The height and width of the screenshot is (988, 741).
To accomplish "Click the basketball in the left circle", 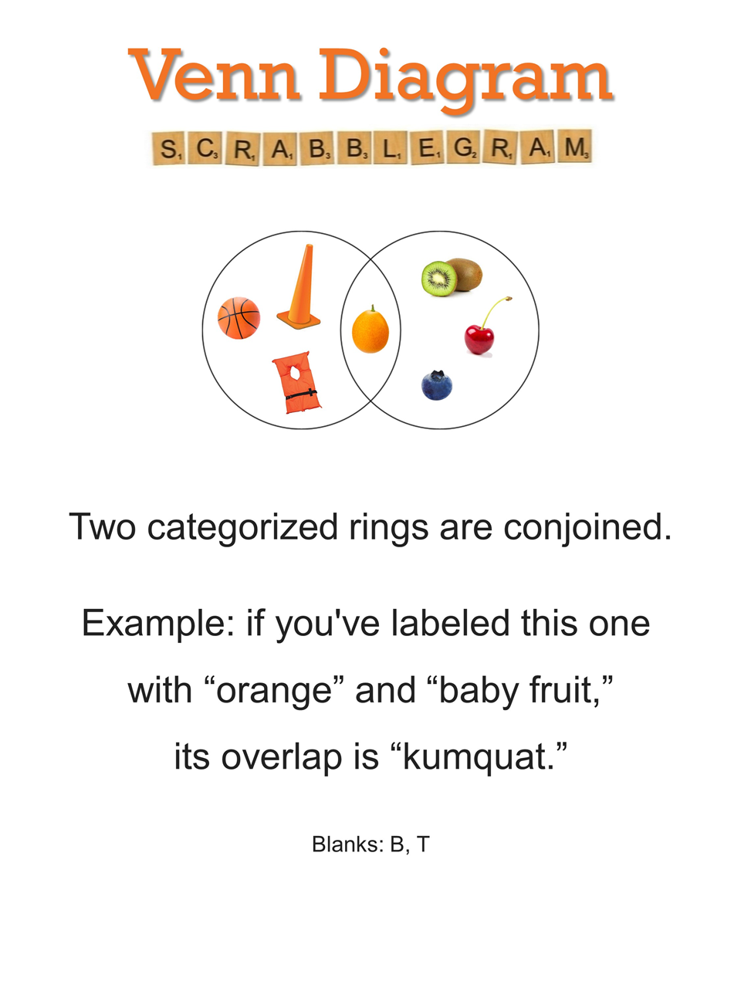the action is [239, 317].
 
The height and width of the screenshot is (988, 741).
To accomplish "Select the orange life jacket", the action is [296, 382].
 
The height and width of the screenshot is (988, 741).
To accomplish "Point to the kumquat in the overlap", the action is [370, 330].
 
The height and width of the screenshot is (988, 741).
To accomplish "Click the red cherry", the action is [479, 340].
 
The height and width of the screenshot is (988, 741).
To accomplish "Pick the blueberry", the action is [436, 385].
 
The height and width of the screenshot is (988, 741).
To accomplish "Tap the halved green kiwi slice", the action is [439, 279].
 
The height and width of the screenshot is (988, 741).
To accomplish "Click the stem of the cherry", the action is [494, 312].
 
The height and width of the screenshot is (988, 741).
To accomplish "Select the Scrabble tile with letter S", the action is [167, 148].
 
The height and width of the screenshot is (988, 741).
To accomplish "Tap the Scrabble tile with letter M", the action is [574, 147].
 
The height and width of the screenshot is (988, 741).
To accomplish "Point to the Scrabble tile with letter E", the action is [427, 147].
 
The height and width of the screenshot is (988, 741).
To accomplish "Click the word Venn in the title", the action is [214, 75].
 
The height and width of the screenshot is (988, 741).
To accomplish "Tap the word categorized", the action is [242, 528].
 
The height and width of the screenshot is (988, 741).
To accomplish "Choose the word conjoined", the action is [587, 528].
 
